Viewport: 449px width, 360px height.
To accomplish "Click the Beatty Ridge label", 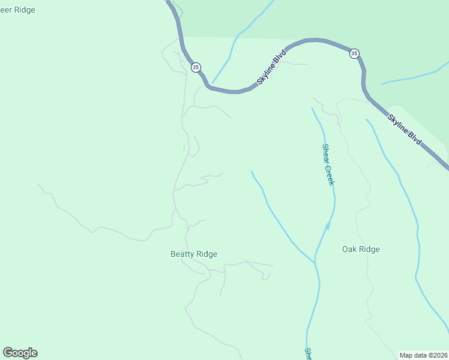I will point(194,254).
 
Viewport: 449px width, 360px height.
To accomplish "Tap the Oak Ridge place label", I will point(361,249).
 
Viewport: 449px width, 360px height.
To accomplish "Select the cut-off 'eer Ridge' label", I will point(17,10).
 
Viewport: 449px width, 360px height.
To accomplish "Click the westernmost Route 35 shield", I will point(196,67).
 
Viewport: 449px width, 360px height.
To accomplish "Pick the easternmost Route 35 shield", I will point(354,53).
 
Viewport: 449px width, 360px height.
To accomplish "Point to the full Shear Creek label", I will point(328,164).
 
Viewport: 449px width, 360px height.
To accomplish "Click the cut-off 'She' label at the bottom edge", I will point(307,354).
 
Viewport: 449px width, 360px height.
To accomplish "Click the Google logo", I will point(20,352).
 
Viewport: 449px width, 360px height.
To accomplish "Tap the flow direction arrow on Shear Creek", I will point(328,225).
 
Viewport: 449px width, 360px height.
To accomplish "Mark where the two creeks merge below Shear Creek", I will point(315,263).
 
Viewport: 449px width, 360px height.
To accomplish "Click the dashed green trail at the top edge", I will point(177,8).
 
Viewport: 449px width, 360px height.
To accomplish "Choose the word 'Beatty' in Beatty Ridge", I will point(182,254).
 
